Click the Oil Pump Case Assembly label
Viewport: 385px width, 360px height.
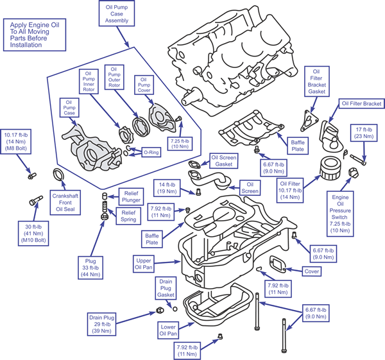point(117,12)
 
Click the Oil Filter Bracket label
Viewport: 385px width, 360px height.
point(361,103)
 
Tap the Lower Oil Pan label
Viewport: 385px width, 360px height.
point(168,330)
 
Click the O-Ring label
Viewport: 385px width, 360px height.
point(151,153)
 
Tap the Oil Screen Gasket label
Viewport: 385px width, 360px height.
point(225,160)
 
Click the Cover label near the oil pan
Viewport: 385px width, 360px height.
point(312,271)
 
